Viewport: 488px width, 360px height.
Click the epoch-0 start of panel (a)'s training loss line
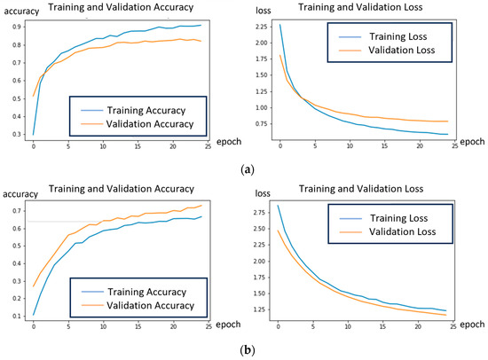pos(279,25)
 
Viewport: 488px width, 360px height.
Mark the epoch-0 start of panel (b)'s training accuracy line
pos(34,315)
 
